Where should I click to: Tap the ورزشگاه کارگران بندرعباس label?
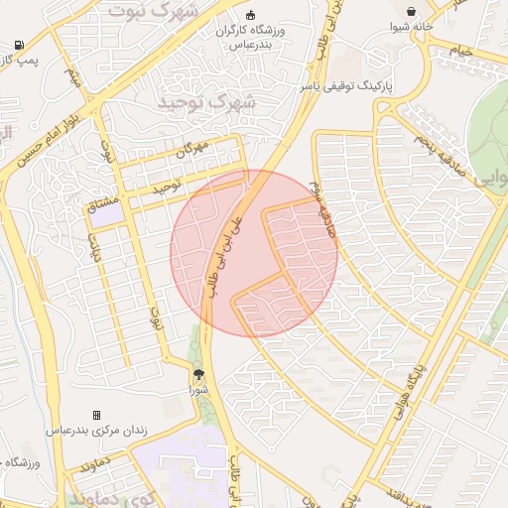pos(250,38)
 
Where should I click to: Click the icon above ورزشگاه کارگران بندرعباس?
pos(250,15)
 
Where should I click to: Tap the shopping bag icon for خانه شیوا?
pos(411,11)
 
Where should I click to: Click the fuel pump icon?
pos(19,45)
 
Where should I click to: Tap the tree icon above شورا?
pos(198,374)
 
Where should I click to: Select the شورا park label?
pos(198,391)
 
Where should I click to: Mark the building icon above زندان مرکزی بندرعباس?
pos(96,415)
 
